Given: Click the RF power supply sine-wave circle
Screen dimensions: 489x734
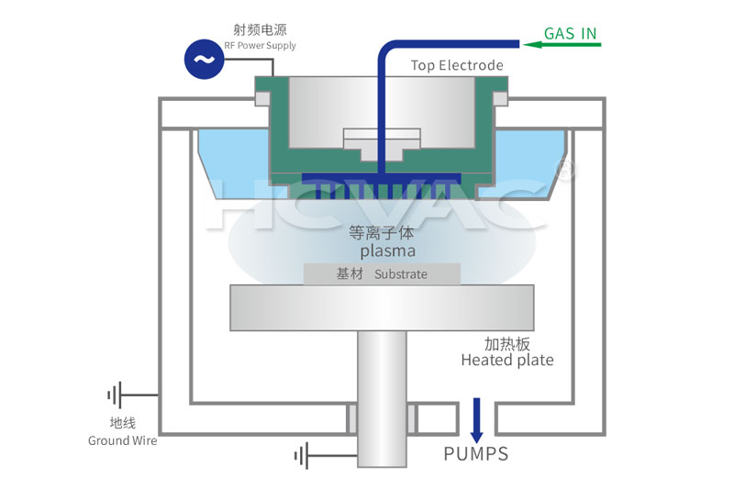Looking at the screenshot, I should click(203, 61).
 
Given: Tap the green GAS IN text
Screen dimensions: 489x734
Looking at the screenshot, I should click(570, 34).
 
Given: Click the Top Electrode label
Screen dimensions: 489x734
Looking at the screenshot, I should click(457, 65).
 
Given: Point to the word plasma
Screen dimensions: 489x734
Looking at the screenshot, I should click(387, 250).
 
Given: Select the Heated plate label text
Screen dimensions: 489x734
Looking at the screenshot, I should click(507, 360).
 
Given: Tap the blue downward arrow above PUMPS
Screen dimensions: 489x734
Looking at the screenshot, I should click(476, 420).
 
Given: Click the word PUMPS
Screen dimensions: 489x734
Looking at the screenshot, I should click(475, 453).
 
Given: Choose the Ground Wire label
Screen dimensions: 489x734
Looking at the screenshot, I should click(122, 440).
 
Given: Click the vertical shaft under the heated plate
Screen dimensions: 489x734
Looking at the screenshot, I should click(382, 395).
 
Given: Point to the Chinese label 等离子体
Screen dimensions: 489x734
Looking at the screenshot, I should click(383, 232).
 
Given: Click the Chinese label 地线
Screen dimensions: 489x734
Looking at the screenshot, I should click(122, 423).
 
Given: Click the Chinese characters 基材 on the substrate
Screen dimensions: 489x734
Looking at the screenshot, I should click(350, 273).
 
